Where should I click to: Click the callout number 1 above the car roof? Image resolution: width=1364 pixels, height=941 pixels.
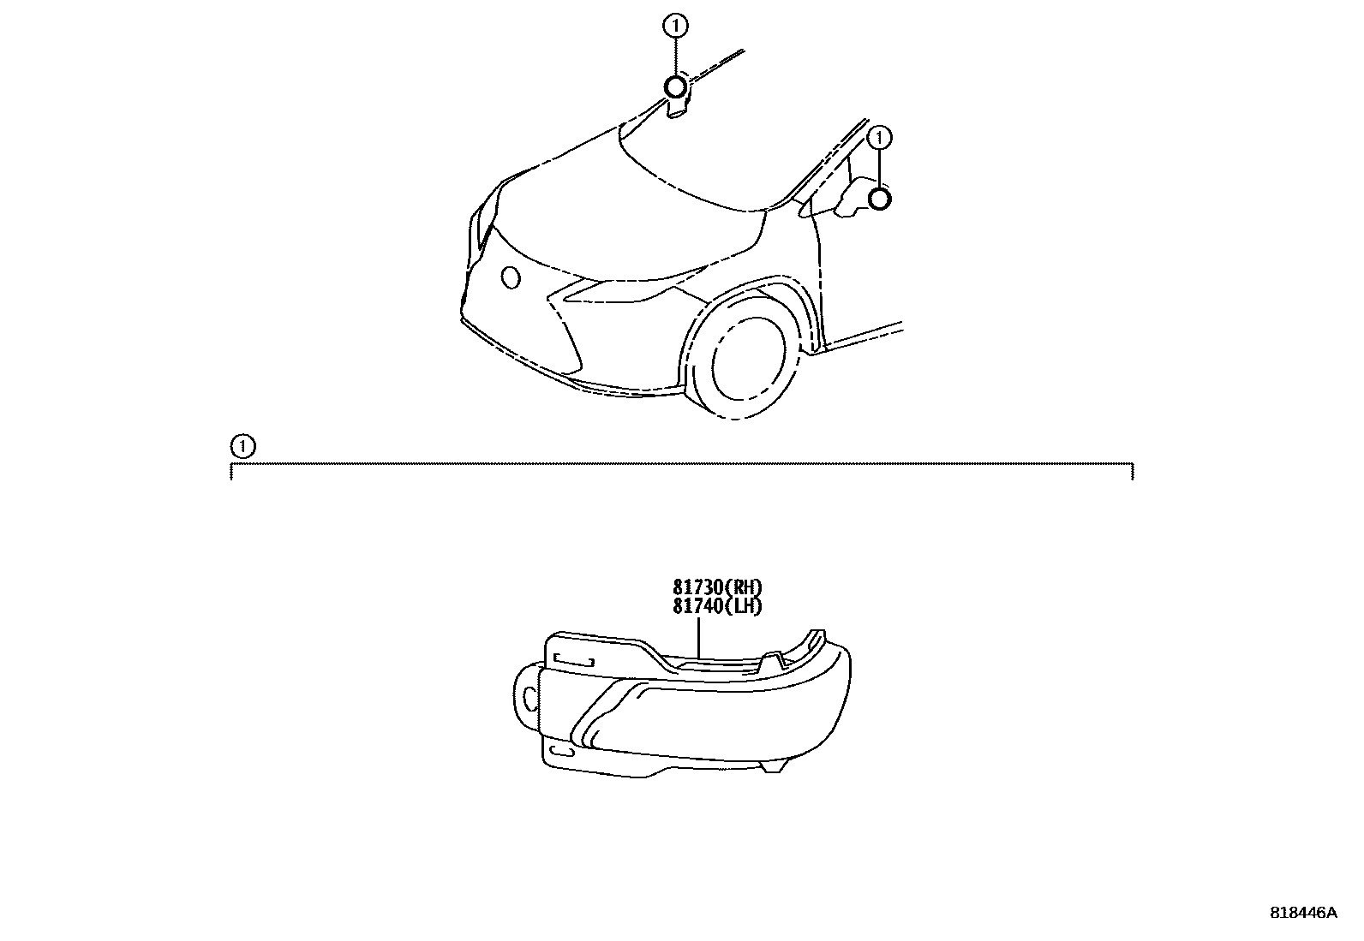(675, 27)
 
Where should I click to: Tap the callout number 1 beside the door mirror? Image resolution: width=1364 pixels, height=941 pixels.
(880, 136)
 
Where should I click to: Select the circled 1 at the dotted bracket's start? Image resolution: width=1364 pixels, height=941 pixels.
(242, 446)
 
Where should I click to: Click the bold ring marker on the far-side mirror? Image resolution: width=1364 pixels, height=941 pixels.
(675, 86)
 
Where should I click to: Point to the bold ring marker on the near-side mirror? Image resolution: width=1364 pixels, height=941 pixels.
(879, 200)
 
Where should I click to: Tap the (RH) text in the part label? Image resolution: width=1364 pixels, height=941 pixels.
(743, 588)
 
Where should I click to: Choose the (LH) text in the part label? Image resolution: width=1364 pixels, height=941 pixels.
(743, 606)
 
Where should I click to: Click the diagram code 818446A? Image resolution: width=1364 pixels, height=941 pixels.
(1302, 913)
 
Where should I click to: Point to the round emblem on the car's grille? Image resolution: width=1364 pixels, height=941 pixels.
(511, 277)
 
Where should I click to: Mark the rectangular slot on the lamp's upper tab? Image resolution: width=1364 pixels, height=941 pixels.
(575, 659)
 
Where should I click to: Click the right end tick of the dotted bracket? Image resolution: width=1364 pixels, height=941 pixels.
(1133, 471)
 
